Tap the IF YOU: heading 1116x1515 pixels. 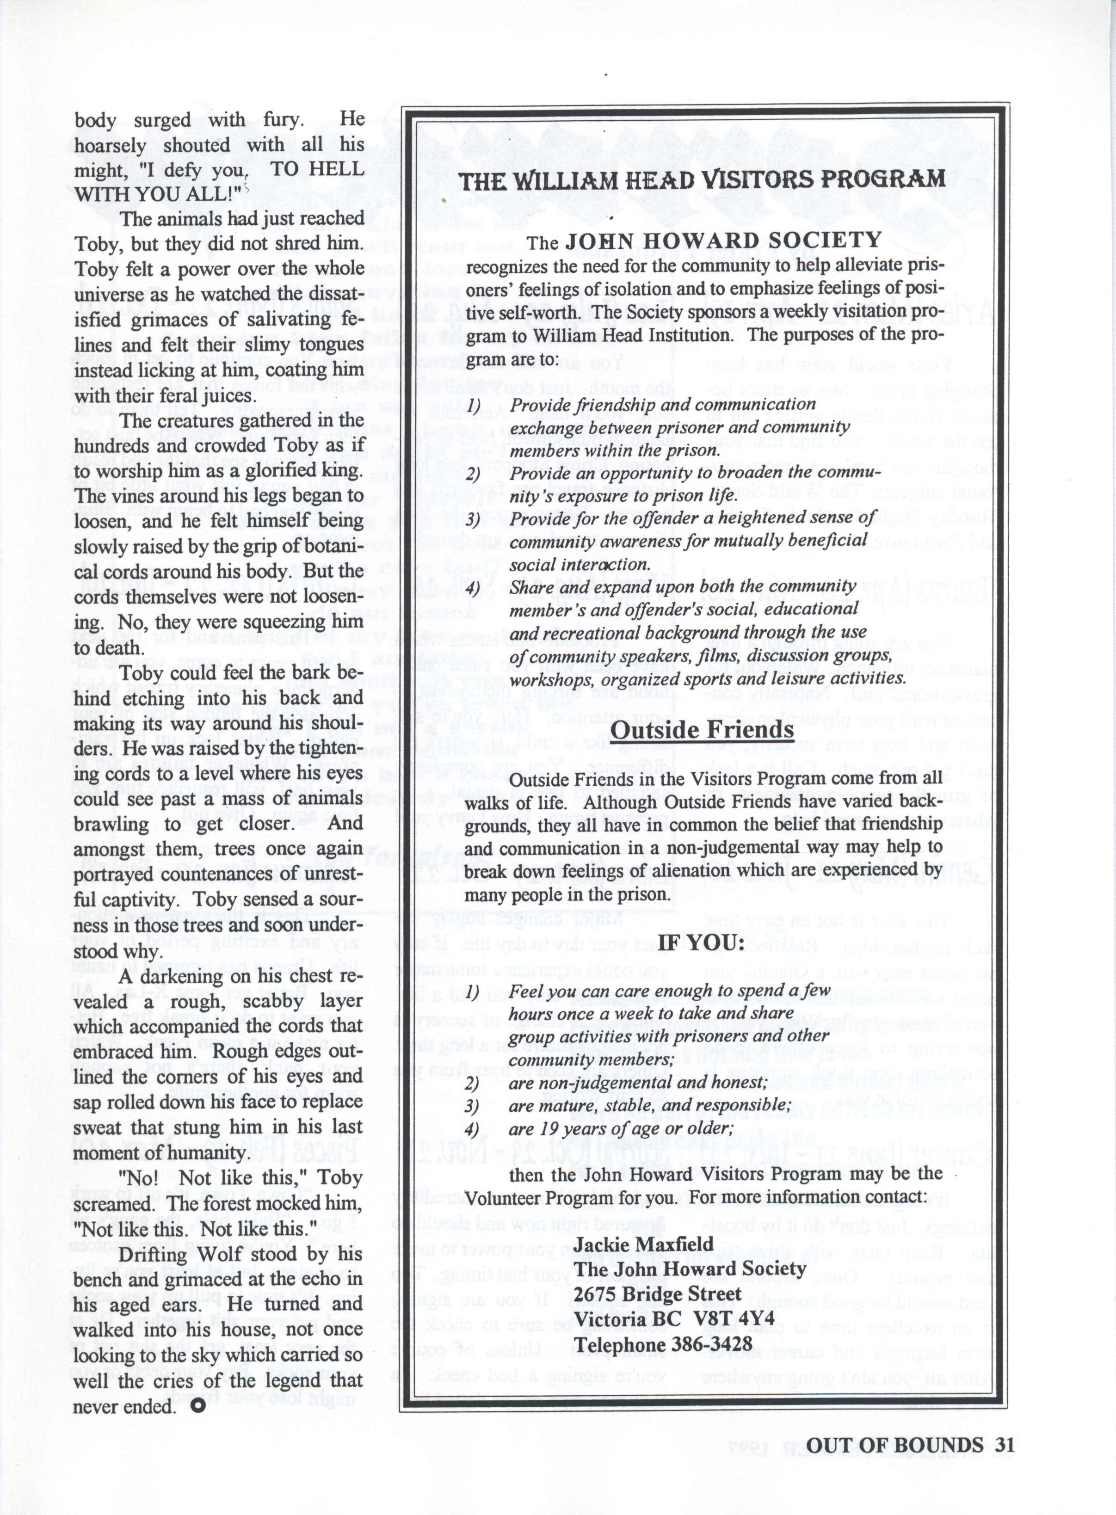point(702,942)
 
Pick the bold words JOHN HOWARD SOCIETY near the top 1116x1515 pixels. point(723,240)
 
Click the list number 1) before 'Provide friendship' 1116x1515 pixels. point(473,406)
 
